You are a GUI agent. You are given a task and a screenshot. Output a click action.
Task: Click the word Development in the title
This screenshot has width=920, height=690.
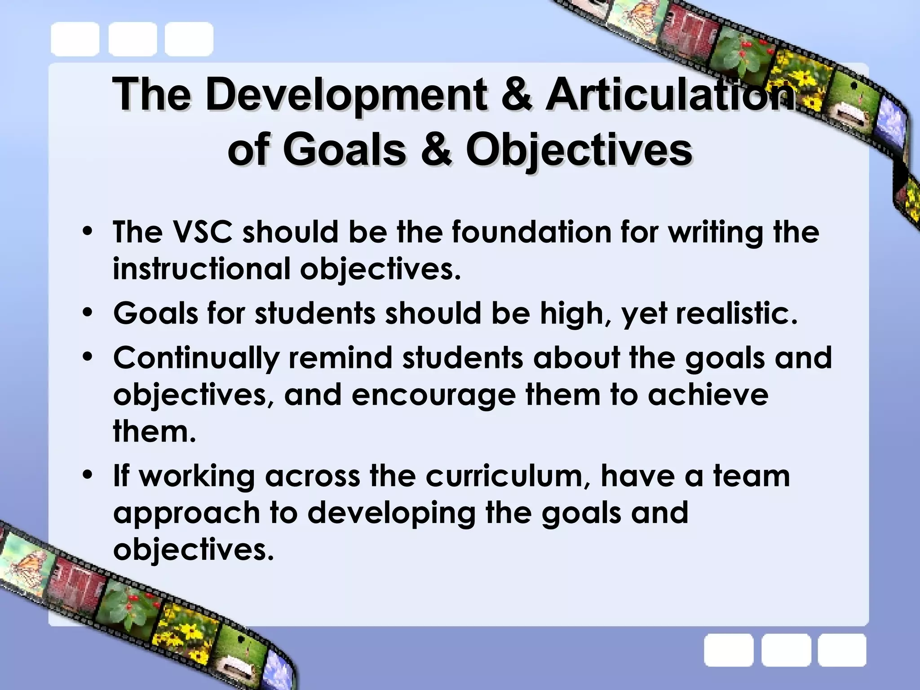345,95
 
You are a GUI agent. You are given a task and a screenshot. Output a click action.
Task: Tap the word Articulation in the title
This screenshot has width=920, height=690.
669,95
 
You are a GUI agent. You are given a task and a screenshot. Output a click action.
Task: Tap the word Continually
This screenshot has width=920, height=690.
196,358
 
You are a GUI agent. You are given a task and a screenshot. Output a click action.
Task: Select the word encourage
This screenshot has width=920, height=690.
433,394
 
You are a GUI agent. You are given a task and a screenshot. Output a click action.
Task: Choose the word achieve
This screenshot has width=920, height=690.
708,394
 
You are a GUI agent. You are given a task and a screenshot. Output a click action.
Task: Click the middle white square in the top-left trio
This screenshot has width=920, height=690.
132,39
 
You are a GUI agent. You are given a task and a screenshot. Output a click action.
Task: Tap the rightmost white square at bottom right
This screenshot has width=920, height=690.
841,650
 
